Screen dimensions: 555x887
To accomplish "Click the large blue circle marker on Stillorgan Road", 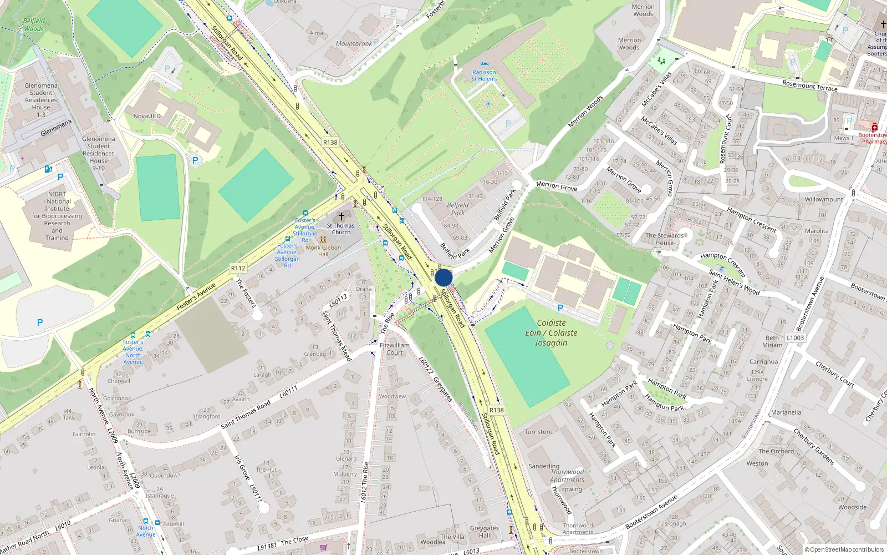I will (443, 277).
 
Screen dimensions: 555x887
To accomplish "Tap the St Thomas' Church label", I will (341, 229).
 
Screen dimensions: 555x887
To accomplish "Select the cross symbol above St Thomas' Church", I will (341, 216).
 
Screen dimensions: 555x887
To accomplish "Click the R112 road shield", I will (238, 268).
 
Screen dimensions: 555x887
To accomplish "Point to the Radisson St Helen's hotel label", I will (484, 75).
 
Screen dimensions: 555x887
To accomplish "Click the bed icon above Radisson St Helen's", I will (485, 64).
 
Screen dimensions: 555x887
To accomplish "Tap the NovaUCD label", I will (147, 116).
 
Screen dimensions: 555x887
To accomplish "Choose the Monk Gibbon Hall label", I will (323, 251).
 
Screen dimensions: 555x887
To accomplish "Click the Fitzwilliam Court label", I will (395, 349).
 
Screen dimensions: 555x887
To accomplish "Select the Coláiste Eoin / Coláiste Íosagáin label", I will (551, 332).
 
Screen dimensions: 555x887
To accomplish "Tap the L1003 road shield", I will (795, 337).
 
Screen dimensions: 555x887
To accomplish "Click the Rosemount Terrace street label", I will (809, 85).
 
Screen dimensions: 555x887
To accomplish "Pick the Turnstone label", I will (539, 432).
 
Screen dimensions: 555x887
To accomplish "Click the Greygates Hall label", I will (484, 532).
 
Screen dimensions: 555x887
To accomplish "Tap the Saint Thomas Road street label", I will (246, 415).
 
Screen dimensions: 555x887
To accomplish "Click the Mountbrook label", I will (354, 44).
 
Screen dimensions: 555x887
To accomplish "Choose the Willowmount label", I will (824, 199).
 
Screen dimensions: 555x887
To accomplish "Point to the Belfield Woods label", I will (34, 25).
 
